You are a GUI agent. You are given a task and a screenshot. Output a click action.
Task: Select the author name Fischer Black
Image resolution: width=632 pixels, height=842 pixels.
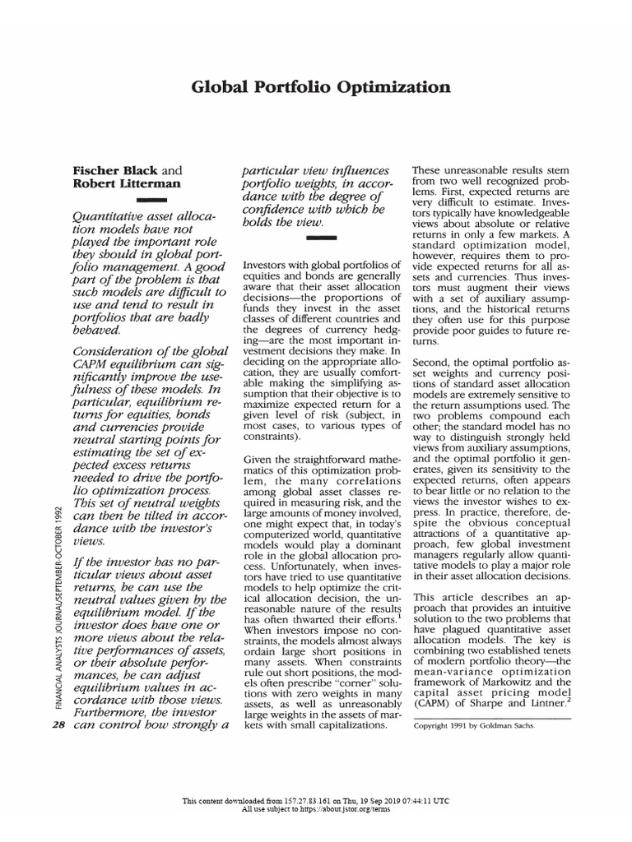coord(113,169)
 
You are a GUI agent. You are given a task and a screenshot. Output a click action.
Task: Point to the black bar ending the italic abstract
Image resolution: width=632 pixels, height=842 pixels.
coord(321,238)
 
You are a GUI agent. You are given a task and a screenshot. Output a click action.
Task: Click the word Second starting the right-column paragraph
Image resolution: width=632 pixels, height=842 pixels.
coord(433,361)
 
